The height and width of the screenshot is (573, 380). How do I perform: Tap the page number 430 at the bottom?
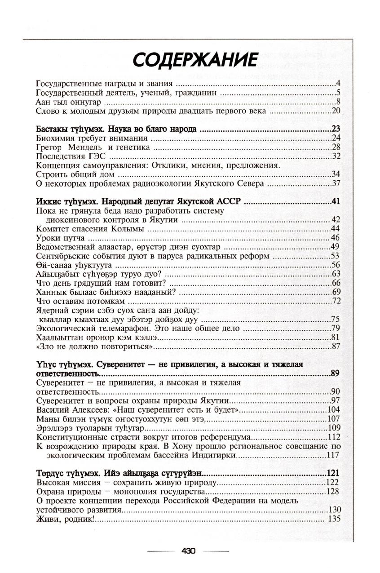tap(188, 551)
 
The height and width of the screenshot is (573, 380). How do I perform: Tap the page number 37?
tap(337, 183)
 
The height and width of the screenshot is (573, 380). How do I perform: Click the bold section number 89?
tap(335, 373)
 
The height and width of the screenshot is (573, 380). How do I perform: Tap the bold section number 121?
tap(333, 473)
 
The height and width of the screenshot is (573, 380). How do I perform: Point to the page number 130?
tap(335, 510)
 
